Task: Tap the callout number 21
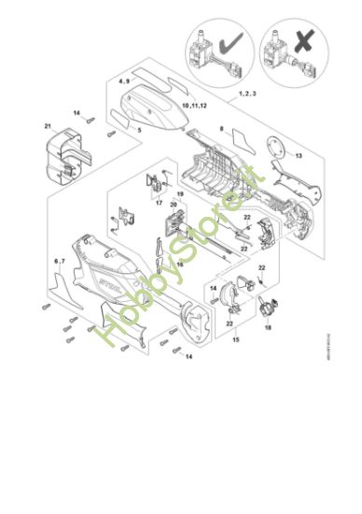[48, 125]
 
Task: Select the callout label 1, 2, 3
[247, 94]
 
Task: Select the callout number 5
[140, 130]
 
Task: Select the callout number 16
[180, 264]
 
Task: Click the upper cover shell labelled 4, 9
[159, 109]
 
